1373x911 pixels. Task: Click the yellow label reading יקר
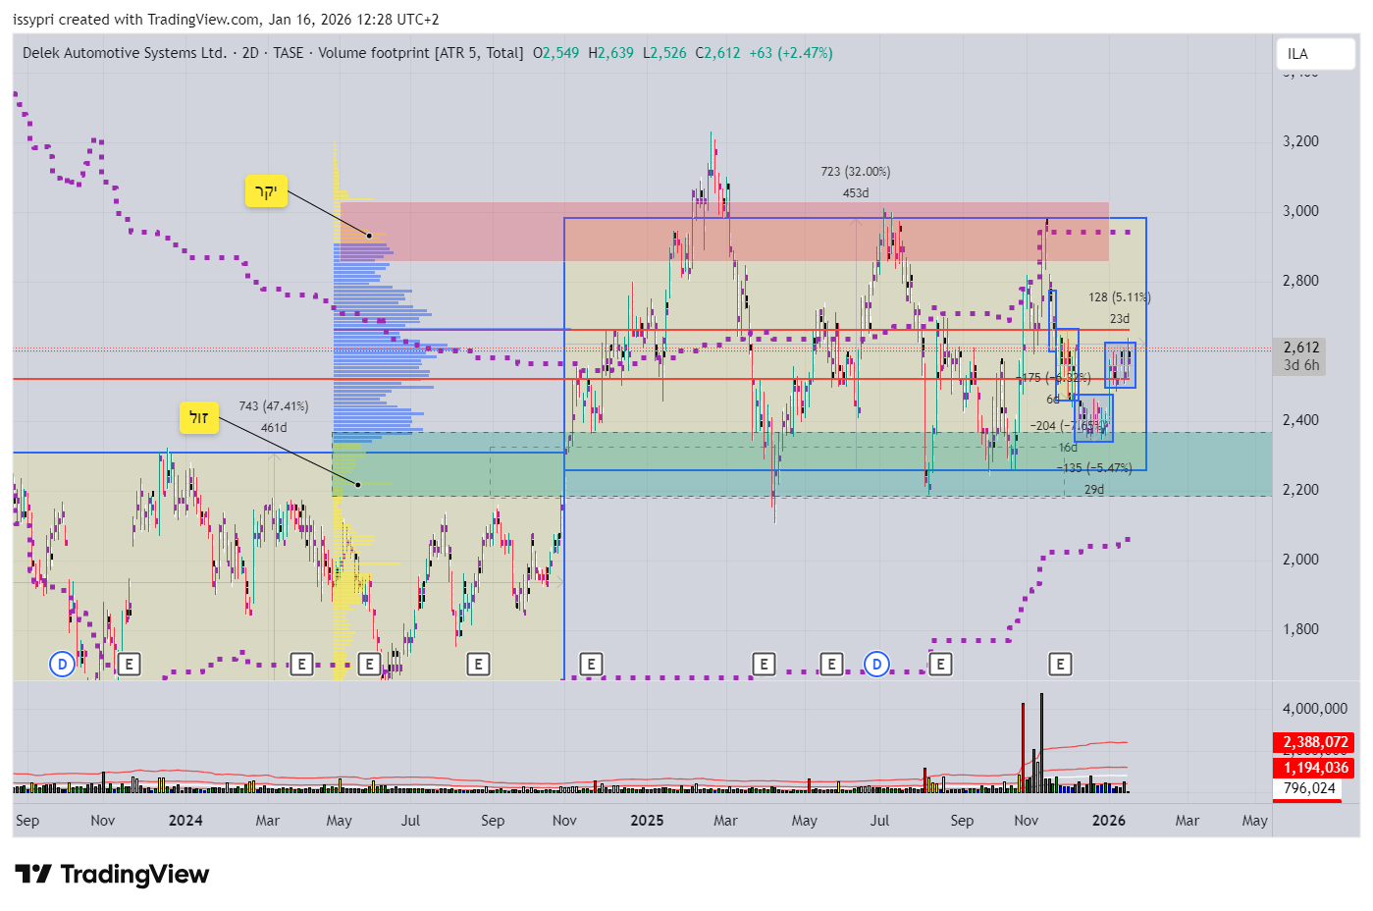point(266,191)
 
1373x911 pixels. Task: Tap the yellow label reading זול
point(198,418)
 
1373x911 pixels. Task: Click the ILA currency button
point(1297,54)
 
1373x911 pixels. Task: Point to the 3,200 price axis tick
point(1300,141)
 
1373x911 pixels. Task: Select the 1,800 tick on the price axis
point(1300,629)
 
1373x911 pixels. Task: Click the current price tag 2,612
point(1301,348)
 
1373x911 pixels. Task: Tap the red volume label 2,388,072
point(1315,742)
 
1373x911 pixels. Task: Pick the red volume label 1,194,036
point(1315,768)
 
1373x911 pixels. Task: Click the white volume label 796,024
point(1309,788)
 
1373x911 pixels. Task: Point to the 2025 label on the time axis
point(647,821)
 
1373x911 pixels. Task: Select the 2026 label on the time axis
point(1109,821)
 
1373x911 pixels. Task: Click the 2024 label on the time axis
point(185,821)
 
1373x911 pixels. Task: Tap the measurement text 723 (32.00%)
point(855,172)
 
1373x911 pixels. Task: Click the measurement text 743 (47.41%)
point(273,406)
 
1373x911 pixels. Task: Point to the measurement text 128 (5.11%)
point(1119,297)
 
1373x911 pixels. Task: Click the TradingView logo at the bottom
point(112,874)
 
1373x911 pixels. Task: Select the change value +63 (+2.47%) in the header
point(790,53)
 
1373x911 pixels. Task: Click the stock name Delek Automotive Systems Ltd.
point(125,53)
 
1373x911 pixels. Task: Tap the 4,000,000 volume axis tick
point(1314,709)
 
